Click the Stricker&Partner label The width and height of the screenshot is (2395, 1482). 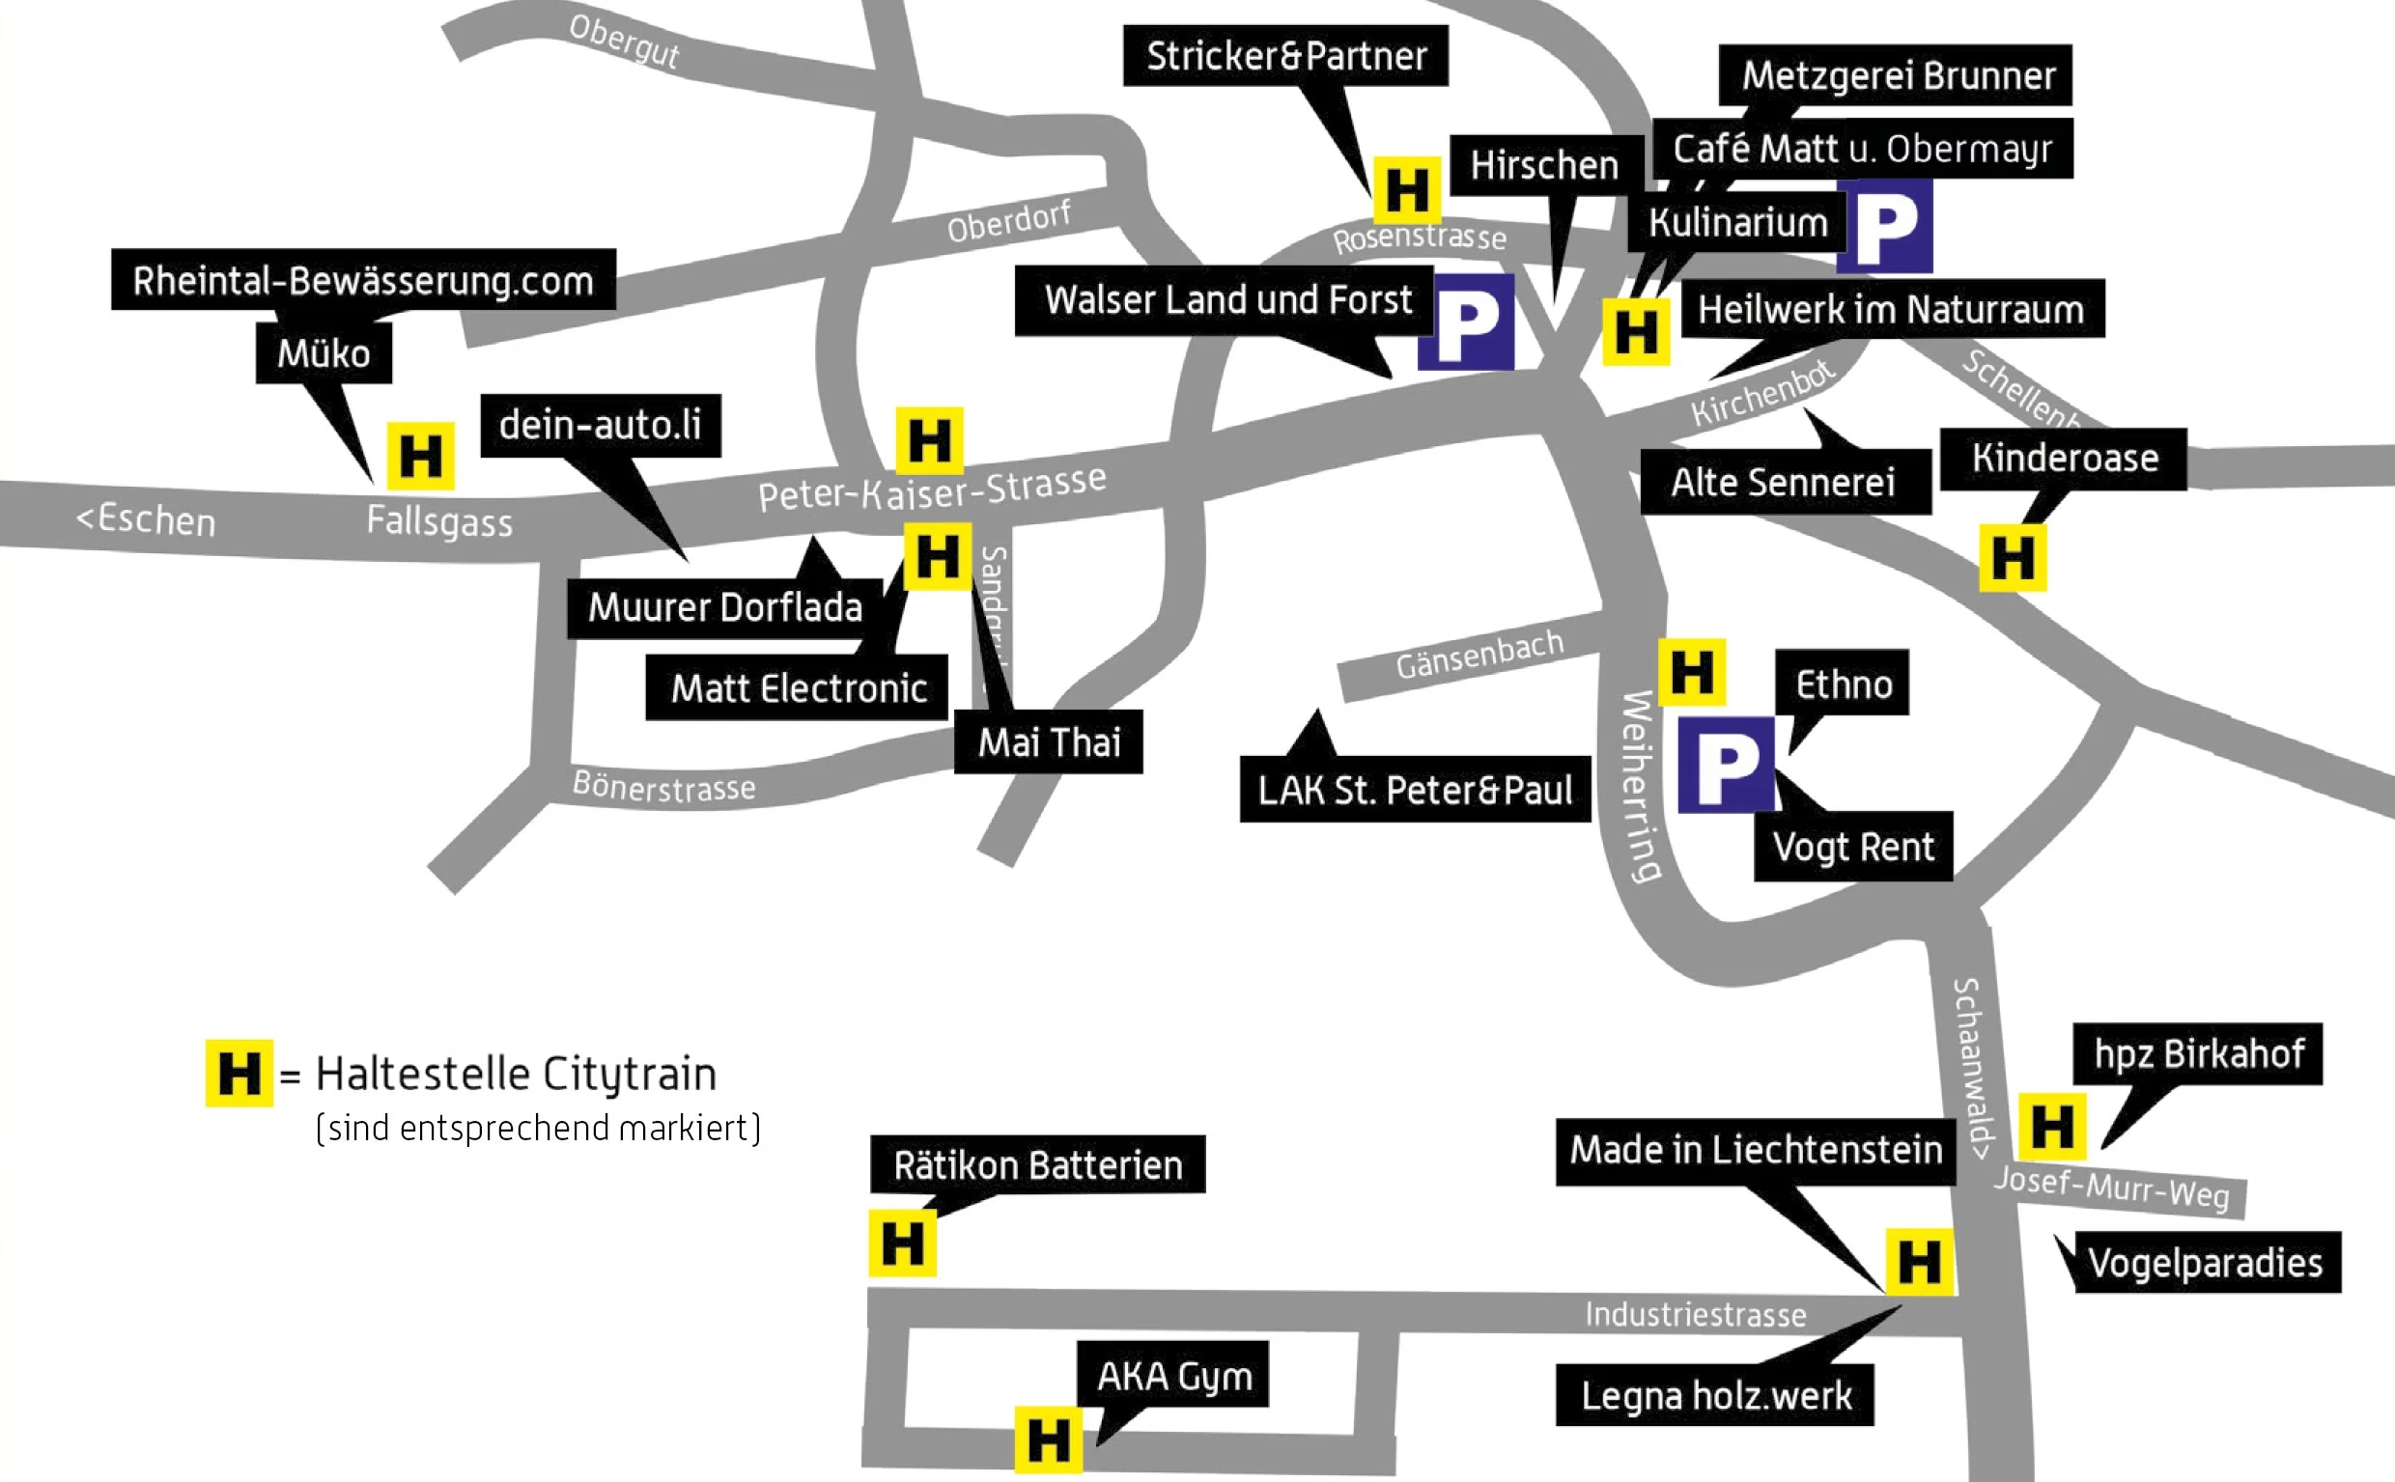point(1285,56)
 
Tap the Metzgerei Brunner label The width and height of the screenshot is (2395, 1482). point(1896,74)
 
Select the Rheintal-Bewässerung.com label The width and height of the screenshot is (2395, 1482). point(363,280)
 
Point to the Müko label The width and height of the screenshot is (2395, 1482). point(324,352)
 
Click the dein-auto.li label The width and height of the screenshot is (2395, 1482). point(600,426)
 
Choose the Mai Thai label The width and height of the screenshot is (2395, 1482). point(1048,742)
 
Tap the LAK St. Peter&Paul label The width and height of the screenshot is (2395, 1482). point(1415,789)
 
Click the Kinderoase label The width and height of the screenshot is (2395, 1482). point(2064,459)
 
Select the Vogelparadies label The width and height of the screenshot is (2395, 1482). point(2206,1263)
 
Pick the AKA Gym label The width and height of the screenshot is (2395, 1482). point(1173,1375)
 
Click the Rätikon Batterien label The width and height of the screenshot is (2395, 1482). point(1037,1164)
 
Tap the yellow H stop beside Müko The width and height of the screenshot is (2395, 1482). point(420,456)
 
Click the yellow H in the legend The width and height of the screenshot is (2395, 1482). point(239,1074)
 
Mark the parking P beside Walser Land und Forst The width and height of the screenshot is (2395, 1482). point(1467,323)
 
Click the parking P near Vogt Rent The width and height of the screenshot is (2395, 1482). point(1726,765)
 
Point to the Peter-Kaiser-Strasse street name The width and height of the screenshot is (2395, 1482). point(931,489)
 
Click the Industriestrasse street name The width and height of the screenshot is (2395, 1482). point(1695,1314)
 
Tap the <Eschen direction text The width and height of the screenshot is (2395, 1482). point(145,519)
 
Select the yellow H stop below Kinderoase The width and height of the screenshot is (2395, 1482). point(2013,558)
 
